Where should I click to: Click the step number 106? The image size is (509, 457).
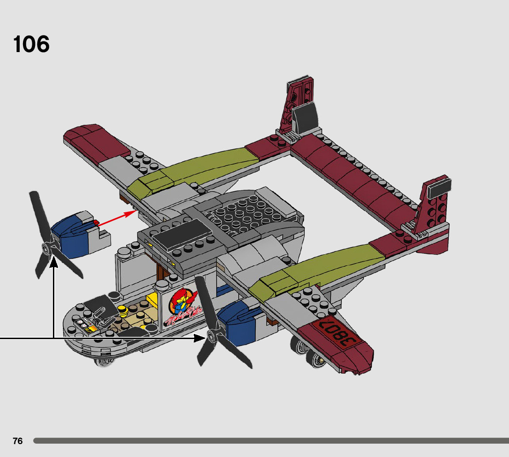pos(31,45)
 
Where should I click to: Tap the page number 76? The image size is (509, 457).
pos(17,441)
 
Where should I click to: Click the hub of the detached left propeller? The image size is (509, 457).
pos(46,249)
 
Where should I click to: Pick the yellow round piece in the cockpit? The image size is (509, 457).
pos(122,310)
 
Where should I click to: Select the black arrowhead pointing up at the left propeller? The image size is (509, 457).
pos(54,263)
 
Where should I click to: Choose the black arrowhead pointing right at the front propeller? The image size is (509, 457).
pos(200,339)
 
